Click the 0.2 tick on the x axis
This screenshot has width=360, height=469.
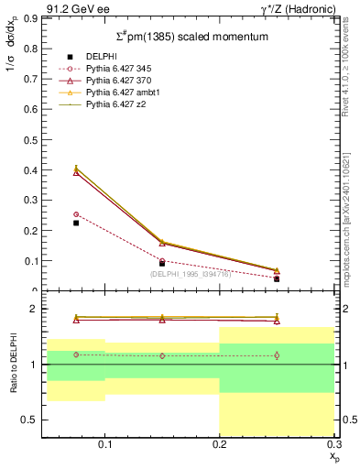click(x=220, y=443)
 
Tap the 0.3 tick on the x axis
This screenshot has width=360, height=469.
click(x=333, y=443)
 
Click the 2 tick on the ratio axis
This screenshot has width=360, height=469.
click(x=35, y=310)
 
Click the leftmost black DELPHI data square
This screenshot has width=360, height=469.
click(x=76, y=223)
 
